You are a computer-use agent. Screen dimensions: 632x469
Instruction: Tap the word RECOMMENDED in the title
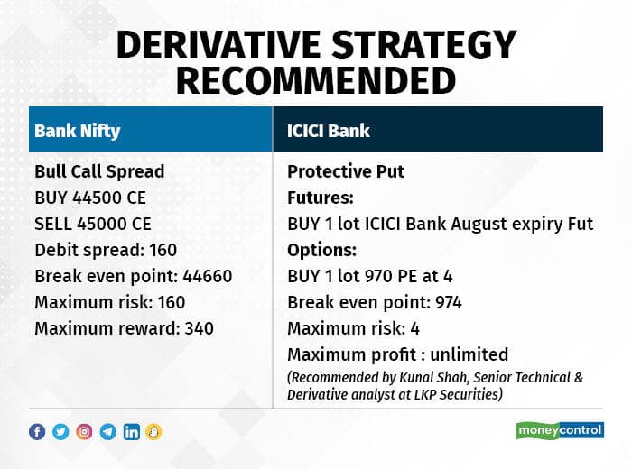tap(316, 80)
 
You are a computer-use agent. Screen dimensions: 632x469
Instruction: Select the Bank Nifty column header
tap(78, 131)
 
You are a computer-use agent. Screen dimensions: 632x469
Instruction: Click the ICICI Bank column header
tap(328, 131)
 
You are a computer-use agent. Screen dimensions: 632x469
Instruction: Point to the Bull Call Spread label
tap(99, 171)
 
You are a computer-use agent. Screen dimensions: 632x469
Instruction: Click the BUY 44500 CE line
tap(90, 198)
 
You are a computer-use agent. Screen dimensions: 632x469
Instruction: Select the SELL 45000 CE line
tap(93, 224)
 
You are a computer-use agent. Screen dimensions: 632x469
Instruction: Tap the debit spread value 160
tap(163, 250)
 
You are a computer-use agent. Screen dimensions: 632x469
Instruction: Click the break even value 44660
tap(207, 276)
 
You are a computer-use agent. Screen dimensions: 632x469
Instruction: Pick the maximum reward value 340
tap(200, 328)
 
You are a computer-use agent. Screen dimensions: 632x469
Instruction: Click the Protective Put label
tap(346, 171)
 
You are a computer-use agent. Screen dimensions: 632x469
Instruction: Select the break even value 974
tap(448, 302)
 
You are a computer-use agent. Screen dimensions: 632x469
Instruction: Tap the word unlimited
tap(469, 354)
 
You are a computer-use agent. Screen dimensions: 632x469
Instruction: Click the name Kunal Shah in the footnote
tap(433, 378)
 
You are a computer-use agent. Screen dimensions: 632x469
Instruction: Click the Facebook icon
tap(37, 432)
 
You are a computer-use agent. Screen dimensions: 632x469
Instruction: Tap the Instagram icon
tap(84, 432)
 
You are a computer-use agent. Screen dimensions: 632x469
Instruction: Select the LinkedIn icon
tap(132, 432)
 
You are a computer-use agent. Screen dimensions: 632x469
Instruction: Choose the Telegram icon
tap(108, 432)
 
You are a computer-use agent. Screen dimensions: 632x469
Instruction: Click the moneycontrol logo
tap(560, 431)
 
